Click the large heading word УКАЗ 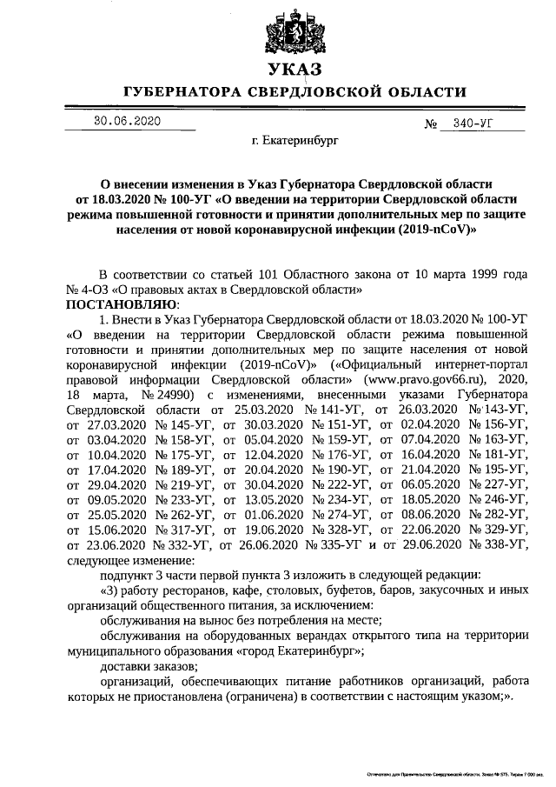[295, 70]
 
